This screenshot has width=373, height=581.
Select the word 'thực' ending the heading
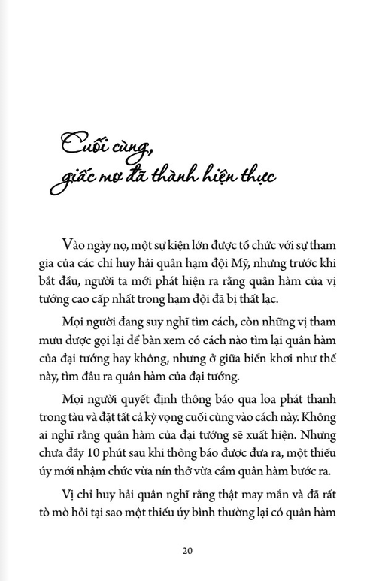[254, 177]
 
